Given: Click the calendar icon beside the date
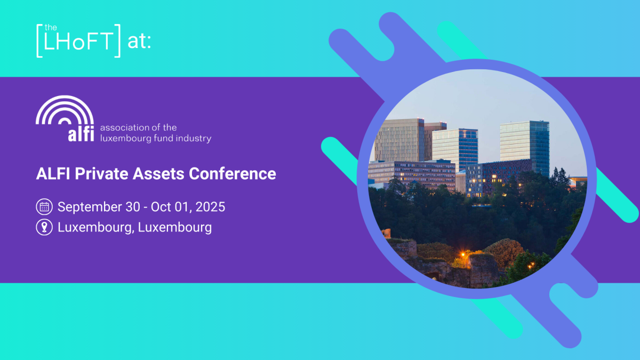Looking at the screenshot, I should (x=44, y=207).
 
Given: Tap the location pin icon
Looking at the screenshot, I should (x=44, y=227).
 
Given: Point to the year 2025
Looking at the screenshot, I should (x=209, y=207).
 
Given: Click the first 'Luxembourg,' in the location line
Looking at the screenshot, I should (x=96, y=227).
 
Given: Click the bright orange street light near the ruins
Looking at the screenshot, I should (x=462, y=254).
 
